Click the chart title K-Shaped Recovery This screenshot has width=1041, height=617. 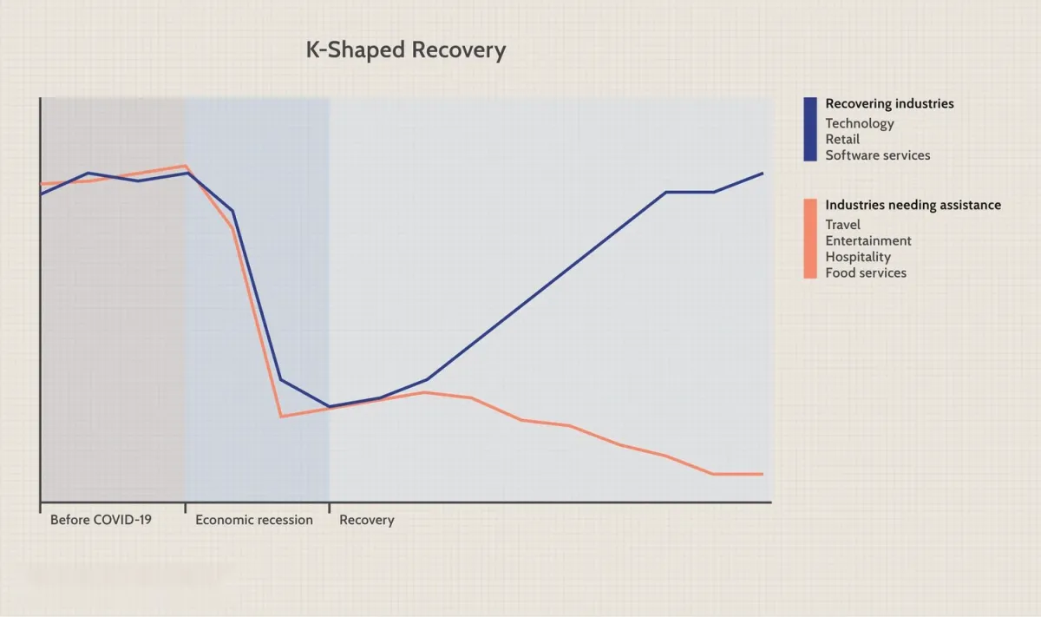tap(405, 50)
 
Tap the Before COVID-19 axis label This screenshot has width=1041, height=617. tap(101, 521)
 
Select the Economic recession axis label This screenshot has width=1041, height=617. tap(253, 521)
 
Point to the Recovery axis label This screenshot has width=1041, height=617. tap(366, 521)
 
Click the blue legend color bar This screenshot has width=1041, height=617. tap(810, 129)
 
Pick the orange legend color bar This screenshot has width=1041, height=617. tap(810, 239)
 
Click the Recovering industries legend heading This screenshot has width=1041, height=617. tap(889, 104)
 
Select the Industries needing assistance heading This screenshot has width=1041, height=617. tap(913, 206)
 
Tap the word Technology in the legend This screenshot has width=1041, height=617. tap(859, 123)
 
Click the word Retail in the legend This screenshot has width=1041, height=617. tap(842, 140)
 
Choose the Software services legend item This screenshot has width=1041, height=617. tap(877, 156)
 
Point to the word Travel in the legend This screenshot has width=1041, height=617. tap(842, 225)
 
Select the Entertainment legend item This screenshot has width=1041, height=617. tap(868, 241)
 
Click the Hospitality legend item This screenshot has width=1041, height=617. tap(858, 257)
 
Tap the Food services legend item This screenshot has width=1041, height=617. tap(866, 273)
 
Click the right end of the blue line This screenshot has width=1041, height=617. tap(763, 174)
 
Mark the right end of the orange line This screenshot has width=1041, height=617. tap(763, 474)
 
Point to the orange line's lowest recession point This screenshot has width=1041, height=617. tap(281, 417)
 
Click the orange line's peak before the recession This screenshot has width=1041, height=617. tap(185, 166)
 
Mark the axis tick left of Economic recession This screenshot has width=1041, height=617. tap(185, 507)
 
